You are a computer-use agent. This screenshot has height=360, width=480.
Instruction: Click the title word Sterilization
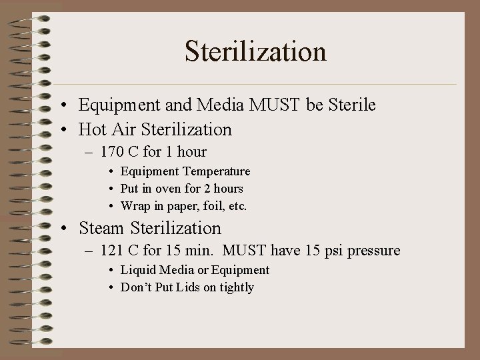coord(255,51)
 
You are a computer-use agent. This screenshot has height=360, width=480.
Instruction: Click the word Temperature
coord(215,171)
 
